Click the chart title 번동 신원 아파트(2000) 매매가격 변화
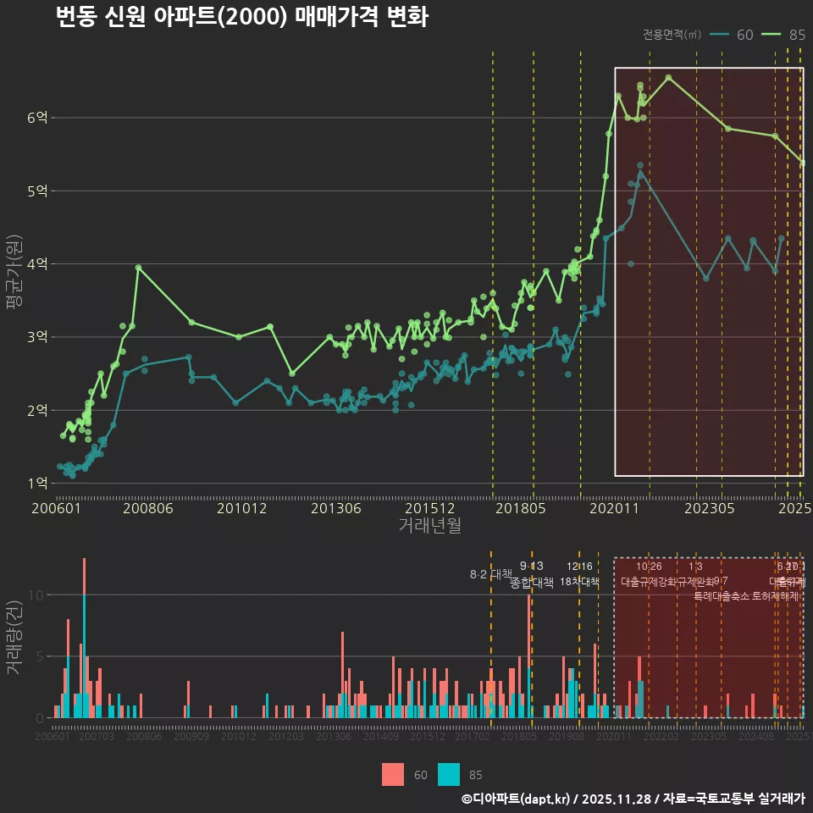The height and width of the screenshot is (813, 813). point(241,18)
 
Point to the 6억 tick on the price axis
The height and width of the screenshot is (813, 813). point(37,118)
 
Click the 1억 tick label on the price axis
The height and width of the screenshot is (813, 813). point(37,484)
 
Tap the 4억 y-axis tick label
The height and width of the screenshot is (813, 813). point(37,264)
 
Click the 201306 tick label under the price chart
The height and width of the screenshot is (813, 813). point(336,508)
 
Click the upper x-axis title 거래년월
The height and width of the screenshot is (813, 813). point(430,525)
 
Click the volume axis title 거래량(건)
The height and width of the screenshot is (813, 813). point(14,639)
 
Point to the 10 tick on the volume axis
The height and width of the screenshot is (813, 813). point(34,595)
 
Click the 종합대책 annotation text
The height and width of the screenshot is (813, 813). point(532,583)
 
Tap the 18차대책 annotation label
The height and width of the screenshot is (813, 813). point(579,582)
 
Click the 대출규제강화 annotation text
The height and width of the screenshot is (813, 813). point(649,582)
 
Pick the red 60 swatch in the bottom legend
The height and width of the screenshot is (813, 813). point(393,774)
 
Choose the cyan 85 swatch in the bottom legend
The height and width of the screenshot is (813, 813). point(449,774)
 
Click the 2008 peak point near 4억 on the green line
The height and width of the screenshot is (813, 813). point(139,268)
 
